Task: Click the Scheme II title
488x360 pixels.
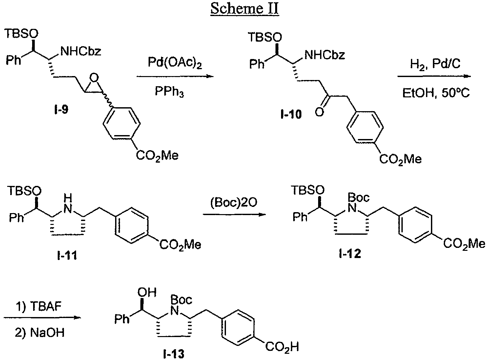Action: [244, 9]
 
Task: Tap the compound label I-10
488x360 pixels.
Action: [292, 115]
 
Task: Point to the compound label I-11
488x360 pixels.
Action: [67, 255]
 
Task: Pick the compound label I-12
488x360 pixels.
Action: [350, 253]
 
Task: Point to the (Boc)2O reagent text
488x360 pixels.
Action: [234, 203]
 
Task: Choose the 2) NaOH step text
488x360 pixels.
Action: [40, 333]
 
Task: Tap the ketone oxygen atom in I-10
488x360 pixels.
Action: [318, 112]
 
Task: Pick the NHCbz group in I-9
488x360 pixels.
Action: [81, 51]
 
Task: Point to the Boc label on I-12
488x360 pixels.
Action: [358, 197]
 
